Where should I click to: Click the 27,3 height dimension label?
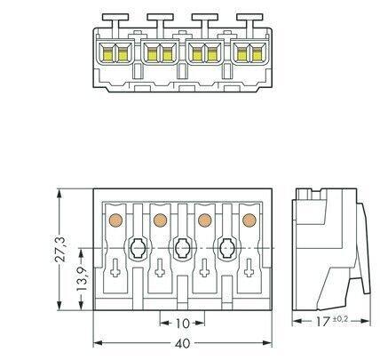pyautogui.click(x=60, y=249)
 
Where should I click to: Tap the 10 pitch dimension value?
pyautogui.click(x=182, y=324)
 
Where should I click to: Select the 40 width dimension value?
pyautogui.click(x=183, y=344)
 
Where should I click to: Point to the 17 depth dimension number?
pyautogui.click(x=322, y=321)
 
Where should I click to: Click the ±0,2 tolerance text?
pyautogui.click(x=341, y=319)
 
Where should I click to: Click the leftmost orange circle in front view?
pyautogui.click(x=115, y=220)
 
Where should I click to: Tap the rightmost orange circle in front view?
pyautogui.click(x=249, y=220)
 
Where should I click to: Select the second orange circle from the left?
pyautogui.click(x=160, y=220)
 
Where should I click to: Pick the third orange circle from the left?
pyautogui.click(x=205, y=220)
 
